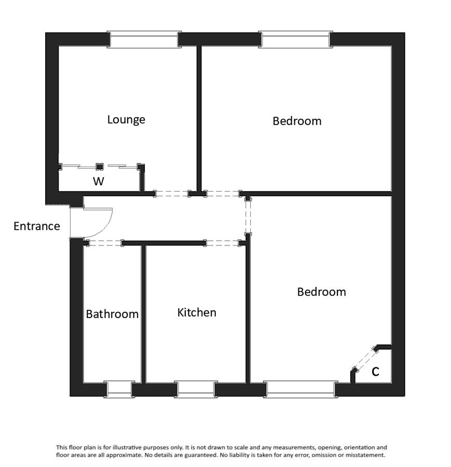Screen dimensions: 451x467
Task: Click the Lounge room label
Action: [x=126, y=119]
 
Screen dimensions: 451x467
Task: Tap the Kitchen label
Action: [x=197, y=312]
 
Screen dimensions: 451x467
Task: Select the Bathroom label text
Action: [x=112, y=314]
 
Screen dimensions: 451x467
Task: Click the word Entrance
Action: [x=37, y=226]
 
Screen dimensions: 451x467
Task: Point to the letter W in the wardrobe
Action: [x=98, y=181]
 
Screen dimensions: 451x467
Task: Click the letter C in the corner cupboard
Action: [x=375, y=372]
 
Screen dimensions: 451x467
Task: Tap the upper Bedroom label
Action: [x=297, y=121]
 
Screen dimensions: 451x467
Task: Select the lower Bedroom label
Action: [x=321, y=292]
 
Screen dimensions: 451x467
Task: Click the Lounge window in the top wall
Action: [x=144, y=39]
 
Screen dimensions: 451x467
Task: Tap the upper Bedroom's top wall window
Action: [x=295, y=39]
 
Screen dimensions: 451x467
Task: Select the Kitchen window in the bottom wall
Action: [x=196, y=389]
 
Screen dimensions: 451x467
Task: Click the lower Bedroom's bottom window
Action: [x=300, y=389]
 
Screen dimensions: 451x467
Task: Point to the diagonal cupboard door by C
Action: [x=365, y=360]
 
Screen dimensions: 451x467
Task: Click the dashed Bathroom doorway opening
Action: [x=103, y=243]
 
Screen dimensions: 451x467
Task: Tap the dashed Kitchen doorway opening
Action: [x=222, y=243]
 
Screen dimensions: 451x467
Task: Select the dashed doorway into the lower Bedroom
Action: [x=248, y=216]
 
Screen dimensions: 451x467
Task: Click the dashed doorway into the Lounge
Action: [x=172, y=194]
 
